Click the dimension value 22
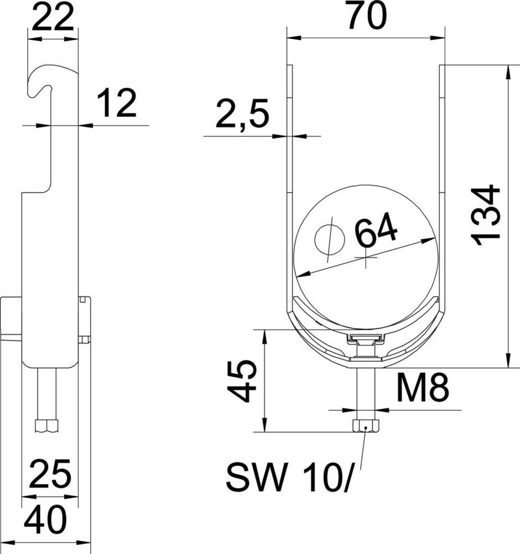pyautogui.click(x=53, y=18)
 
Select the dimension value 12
pyautogui.click(x=117, y=104)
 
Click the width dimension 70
pyautogui.click(x=366, y=17)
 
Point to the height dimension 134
pyautogui.click(x=487, y=216)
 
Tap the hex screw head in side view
pyautogui.click(x=46, y=426)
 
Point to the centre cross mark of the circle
pyautogui.click(x=366, y=259)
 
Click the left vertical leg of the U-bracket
pyautogui.click(x=289, y=183)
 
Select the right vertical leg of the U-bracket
pyautogui.click(x=443, y=183)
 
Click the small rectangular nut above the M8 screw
pyautogui.click(x=365, y=337)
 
